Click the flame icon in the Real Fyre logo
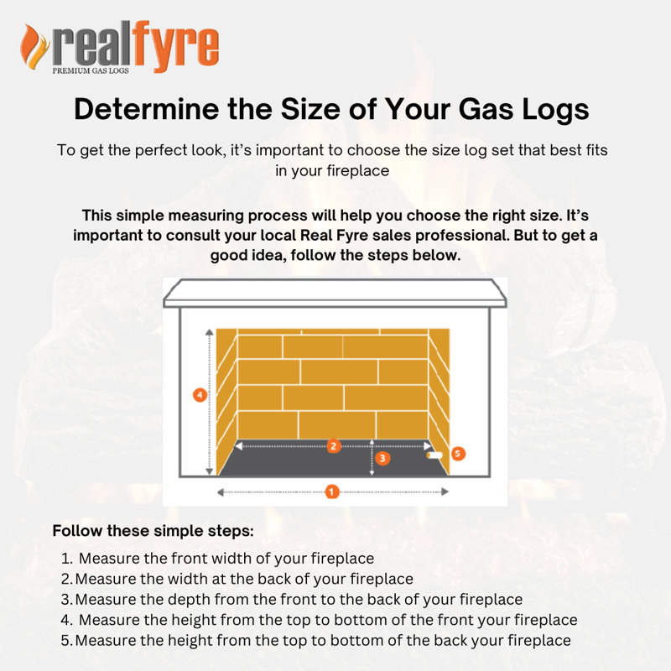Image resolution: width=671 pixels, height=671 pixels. [x=34, y=47]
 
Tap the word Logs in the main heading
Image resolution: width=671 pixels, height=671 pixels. [x=549, y=110]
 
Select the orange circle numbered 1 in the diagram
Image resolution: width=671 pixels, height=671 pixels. [x=332, y=492]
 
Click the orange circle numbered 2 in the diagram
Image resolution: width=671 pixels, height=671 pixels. [x=334, y=446]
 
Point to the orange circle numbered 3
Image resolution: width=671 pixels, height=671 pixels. [x=382, y=459]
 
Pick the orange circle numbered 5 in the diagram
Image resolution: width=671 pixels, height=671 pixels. [x=458, y=454]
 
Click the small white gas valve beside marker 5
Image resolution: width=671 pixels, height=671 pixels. [x=435, y=455]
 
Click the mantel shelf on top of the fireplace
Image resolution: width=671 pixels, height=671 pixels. [x=335, y=294]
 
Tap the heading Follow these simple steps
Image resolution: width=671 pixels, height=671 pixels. [x=153, y=532]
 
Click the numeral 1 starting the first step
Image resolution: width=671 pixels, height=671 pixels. [x=66, y=558]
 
